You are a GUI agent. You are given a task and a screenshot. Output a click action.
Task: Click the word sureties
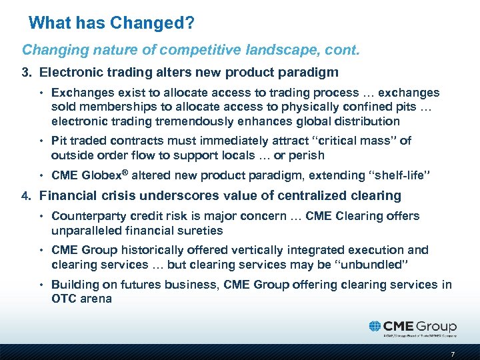pos(200,231)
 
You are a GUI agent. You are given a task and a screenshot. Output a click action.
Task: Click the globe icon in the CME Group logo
pos(375,327)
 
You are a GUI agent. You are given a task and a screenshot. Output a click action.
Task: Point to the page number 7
pos(453,353)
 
